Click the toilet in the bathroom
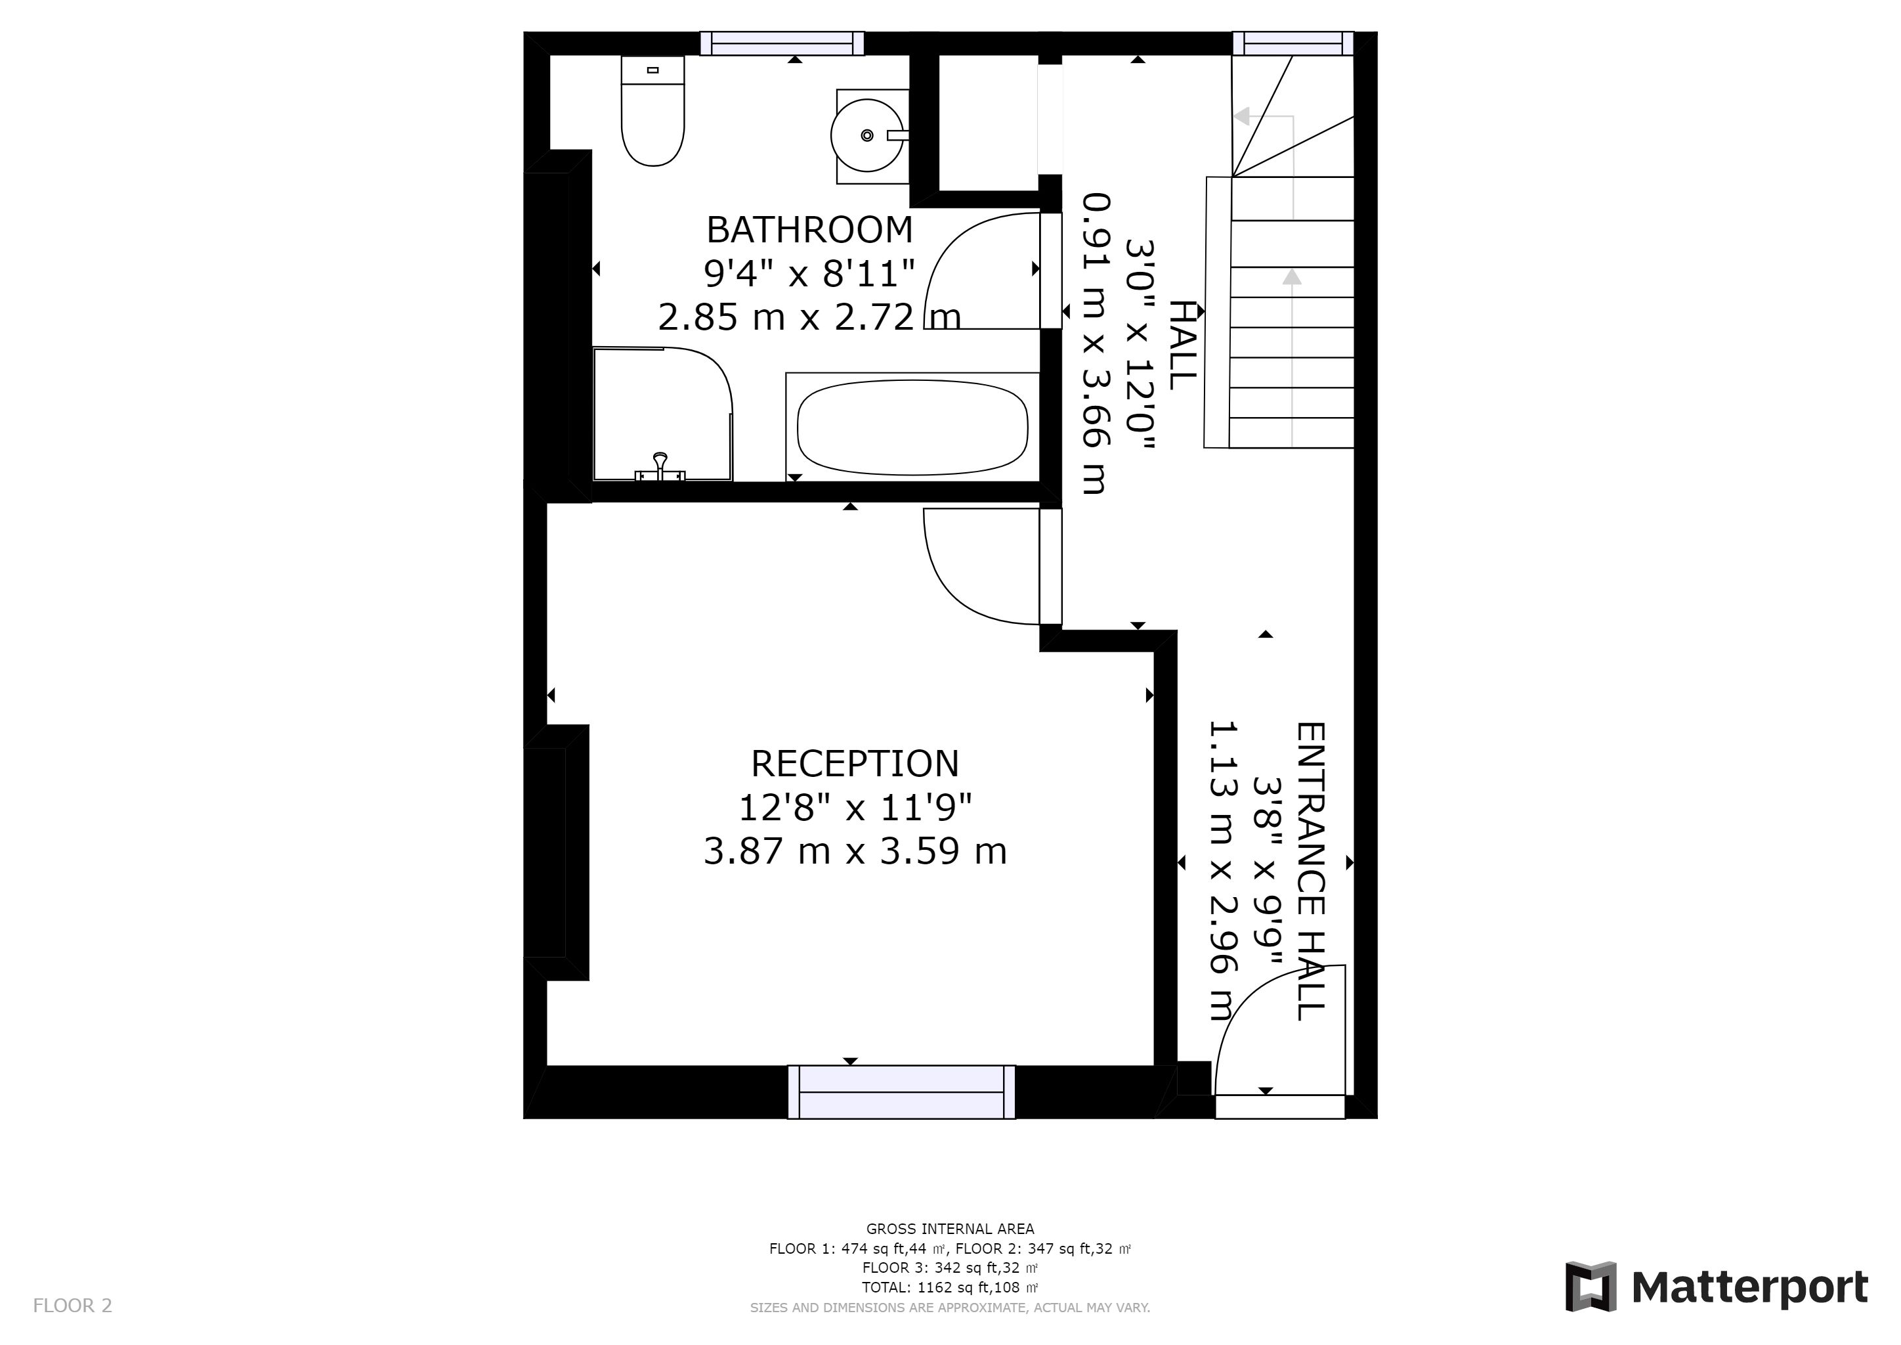[652, 111]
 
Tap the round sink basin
[867, 135]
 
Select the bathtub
[912, 428]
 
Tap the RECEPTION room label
[855, 764]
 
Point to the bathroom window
[782, 43]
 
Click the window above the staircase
[1292, 43]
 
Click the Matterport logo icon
[1591, 1286]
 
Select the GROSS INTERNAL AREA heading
[950, 1229]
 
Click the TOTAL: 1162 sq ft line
[950, 1288]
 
